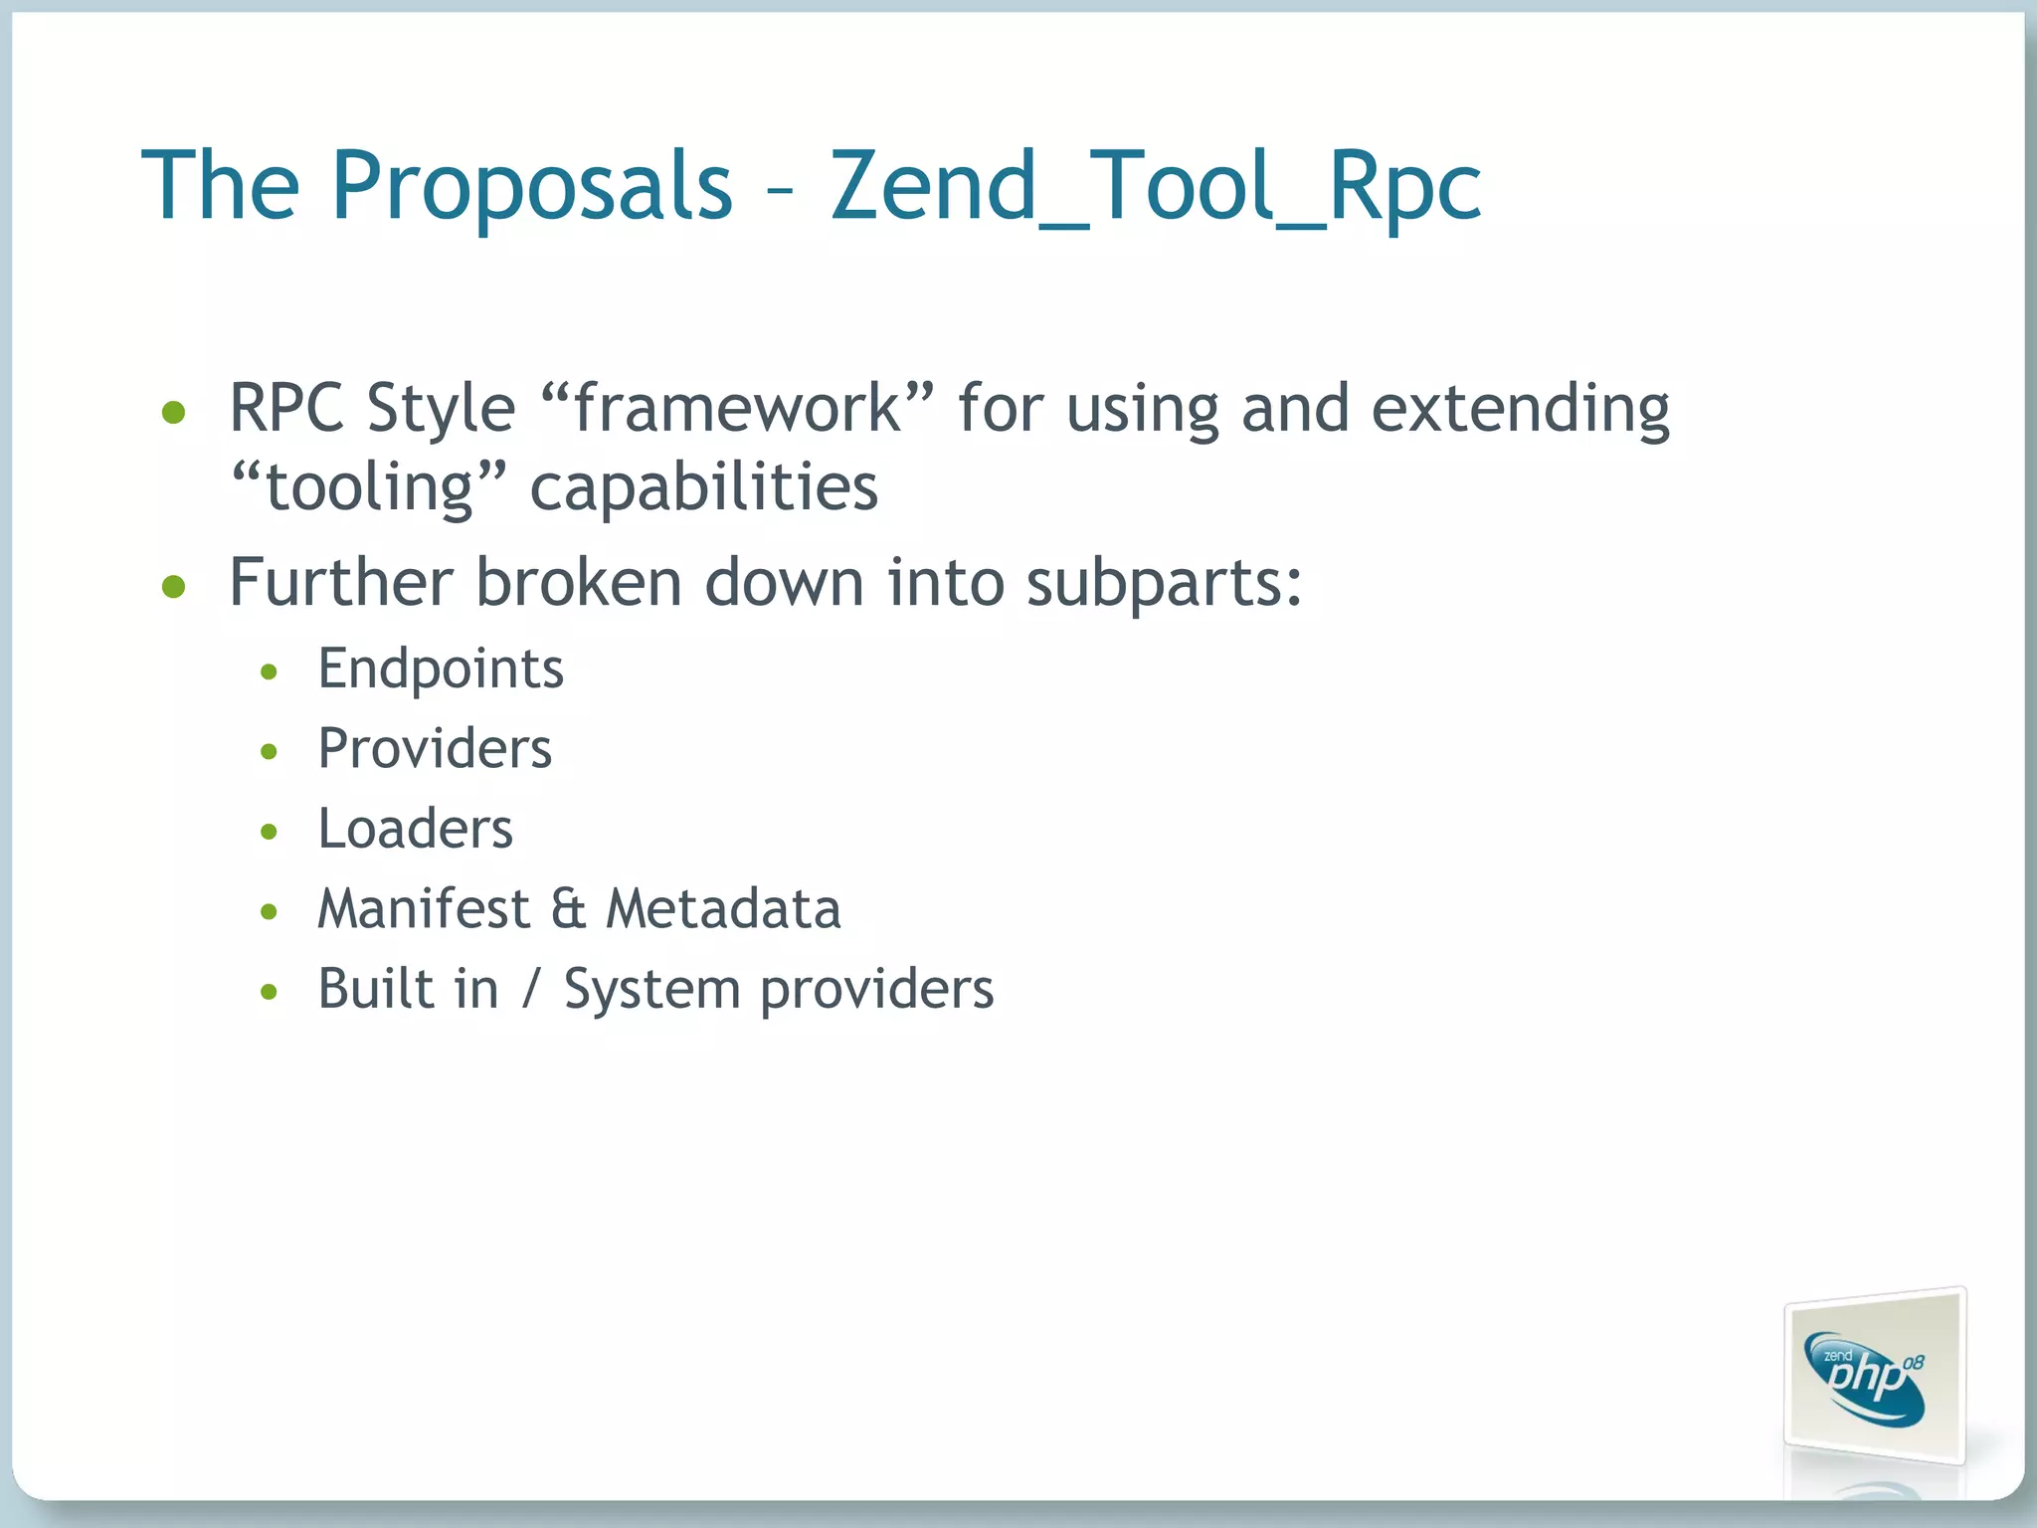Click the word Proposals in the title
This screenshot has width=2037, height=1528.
point(531,186)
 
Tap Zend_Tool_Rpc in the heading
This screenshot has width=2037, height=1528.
point(1155,186)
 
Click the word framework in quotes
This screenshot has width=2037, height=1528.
point(737,409)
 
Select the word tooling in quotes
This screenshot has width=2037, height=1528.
point(369,488)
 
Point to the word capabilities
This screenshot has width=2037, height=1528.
point(703,488)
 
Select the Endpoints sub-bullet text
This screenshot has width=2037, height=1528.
point(441,668)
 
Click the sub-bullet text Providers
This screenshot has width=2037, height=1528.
point(435,749)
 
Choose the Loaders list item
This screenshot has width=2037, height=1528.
point(415,829)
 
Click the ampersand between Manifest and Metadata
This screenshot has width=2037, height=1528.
point(568,909)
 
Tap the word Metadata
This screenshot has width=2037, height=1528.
point(724,909)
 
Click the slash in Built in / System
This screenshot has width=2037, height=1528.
point(531,990)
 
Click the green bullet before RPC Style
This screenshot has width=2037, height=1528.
point(174,412)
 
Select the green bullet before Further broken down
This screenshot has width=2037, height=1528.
point(174,587)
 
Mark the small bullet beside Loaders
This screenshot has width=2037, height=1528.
point(269,832)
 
